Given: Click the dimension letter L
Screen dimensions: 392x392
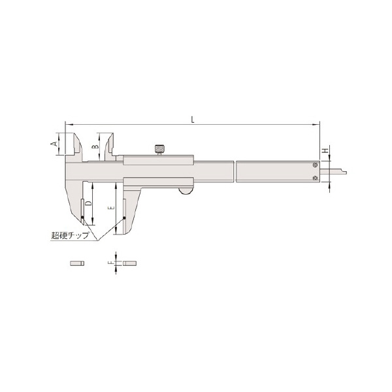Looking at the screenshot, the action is tap(193, 120).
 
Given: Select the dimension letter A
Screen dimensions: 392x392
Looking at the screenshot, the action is tap(54, 144).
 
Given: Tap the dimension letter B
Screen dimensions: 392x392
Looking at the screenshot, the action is tap(95, 146).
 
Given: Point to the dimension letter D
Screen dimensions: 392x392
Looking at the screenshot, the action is tap(88, 203).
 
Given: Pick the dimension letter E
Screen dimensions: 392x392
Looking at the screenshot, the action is tap(112, 208).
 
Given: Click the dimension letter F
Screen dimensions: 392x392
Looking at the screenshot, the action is tap(111, 263).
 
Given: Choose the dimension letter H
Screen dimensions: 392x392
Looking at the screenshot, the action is tap(325, 150).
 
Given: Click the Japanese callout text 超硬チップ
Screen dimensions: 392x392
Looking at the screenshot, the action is tap(70, 235).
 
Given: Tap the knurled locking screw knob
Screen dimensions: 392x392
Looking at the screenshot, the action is tap(159, 149).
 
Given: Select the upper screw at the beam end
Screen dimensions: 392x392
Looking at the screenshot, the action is tap(316, 165).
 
